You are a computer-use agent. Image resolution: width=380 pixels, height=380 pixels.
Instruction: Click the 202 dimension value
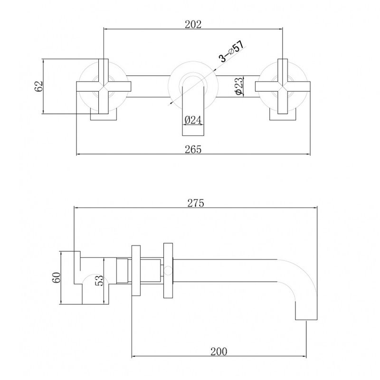pos(193,25)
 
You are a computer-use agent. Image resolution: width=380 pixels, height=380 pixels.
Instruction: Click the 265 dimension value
pos(193,149)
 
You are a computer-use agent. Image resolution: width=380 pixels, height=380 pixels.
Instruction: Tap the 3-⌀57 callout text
pos(231,51)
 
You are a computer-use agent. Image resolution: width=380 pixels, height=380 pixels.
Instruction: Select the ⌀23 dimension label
pos(238,86)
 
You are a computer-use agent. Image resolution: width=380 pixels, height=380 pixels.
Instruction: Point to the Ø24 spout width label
pos(193,120)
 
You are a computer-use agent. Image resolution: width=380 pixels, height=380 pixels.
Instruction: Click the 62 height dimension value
pos(39,86)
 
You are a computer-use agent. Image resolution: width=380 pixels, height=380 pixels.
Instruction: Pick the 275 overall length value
pos(196,203)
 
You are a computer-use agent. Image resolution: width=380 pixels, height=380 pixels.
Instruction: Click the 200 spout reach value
pos(219,351)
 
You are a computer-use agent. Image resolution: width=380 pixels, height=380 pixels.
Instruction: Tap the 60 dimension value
pos(56,277)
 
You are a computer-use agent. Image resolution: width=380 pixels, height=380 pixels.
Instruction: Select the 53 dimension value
pos(99,281)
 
